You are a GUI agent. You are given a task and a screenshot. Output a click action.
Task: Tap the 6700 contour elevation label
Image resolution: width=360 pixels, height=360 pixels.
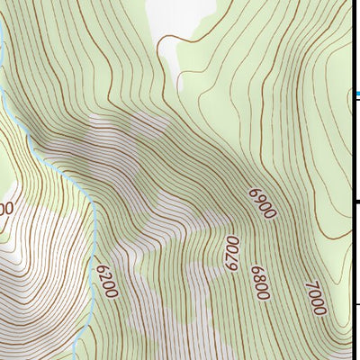point(232,253)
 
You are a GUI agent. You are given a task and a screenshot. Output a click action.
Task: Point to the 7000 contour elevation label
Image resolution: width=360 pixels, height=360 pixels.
point(315,298)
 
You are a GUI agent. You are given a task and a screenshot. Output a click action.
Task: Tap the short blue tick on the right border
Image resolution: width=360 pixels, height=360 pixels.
point(356,94)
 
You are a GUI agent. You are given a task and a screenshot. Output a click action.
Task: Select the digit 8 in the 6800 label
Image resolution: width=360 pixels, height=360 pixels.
point(262,276)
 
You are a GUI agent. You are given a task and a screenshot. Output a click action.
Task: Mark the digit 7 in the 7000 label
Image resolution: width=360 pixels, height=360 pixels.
point(310,285)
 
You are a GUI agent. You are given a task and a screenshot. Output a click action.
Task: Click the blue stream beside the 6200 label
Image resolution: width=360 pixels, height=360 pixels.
point(93,270)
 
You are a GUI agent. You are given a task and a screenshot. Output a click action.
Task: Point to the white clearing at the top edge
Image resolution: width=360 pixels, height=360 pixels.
point(184,18)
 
